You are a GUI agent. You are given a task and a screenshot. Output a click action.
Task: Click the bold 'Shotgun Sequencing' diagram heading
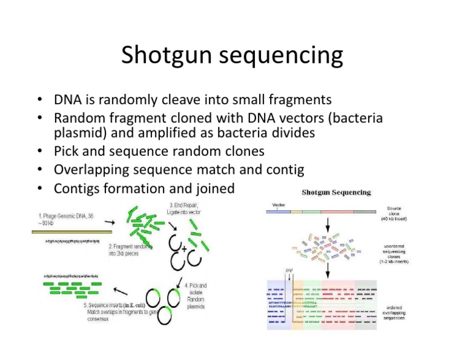point(336,193)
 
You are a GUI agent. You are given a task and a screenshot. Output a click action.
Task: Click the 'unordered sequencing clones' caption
point(397,251)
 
